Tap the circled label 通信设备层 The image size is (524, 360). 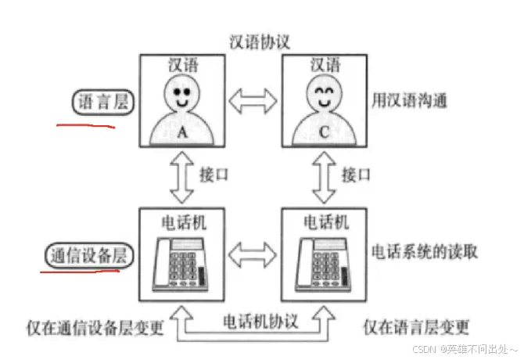[x=87, y=257]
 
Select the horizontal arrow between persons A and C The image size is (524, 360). [x=253, y=100]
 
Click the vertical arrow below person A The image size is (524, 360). [x=181, y=178]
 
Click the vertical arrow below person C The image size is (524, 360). [x=322, y=178]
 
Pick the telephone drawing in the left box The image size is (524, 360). [x=180, y=262]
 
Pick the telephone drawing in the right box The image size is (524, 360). [x=321, y=262]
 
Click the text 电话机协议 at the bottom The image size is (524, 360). [x=252, y=321]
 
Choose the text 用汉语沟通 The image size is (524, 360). [x=409, y=100]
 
